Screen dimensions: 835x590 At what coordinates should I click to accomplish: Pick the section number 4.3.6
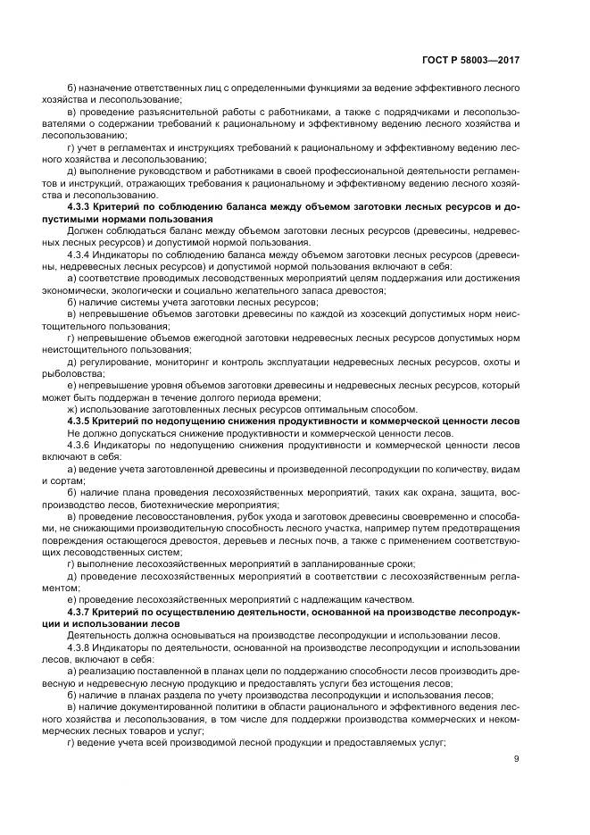pyautogui.click(x=82, y=444)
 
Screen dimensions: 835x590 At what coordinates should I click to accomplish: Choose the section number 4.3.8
pyautogui.click(x=82, y=647)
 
